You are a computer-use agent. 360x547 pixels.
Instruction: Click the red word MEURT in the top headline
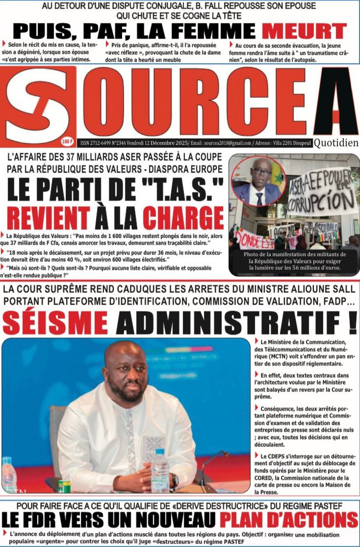(x=304, y=31)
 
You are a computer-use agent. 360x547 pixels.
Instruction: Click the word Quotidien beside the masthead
(x=336, y=143)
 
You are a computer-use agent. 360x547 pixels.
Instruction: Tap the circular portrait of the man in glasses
(x=258, y=181)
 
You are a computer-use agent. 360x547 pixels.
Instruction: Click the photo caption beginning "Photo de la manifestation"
(x=294, y=261)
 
